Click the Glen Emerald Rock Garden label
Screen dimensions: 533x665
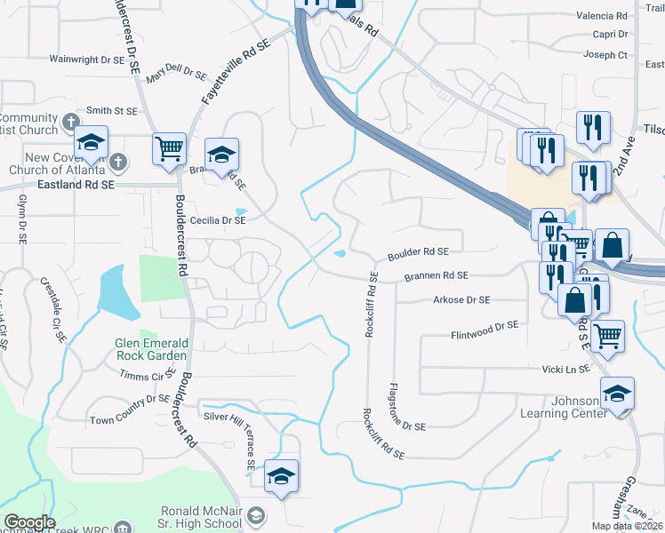[x=151, y=349]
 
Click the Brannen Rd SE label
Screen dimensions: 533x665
[x=436, y=277]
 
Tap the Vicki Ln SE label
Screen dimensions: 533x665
[x=566, y=368]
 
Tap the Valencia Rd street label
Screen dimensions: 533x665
[x=602, y=16]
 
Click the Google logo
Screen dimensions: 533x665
[x=29, y=521]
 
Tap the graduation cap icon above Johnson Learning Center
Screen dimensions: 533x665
[x=617, y=393]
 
